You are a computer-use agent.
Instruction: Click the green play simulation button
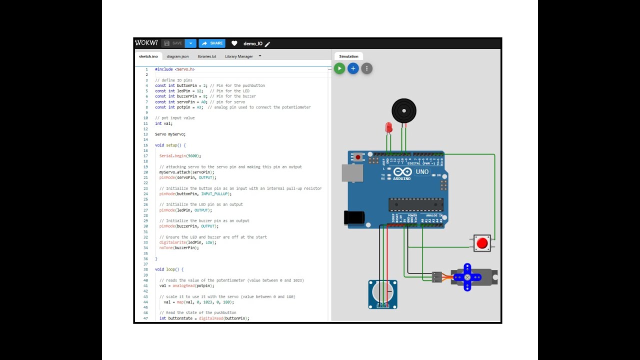click(339, 68)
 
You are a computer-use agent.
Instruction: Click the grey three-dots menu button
click(366, 68)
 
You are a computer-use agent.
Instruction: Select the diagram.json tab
click(177, 56)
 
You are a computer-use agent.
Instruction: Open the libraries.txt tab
click(206, 56)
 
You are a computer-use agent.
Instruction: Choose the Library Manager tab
click(239, 56)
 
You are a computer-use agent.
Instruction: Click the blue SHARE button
click(212, 43)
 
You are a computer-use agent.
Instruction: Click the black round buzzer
click(403, 110)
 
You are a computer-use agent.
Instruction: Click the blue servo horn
click(467, 277)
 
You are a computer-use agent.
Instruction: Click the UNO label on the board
click(422, 172)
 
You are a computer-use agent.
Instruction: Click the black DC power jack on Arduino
click(353, 217)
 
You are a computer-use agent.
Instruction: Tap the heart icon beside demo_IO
click(234, 43)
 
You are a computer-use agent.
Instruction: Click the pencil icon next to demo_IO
click(267, 44)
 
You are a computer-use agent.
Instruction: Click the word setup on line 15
click(171, 145)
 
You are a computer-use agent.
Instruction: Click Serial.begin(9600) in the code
click(180, 156)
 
